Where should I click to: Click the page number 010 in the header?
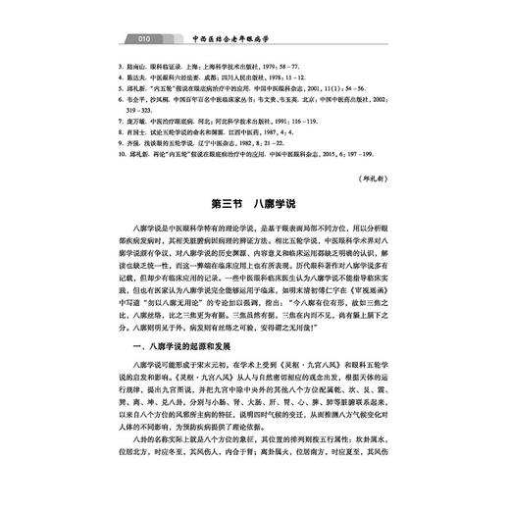click(143, 42)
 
